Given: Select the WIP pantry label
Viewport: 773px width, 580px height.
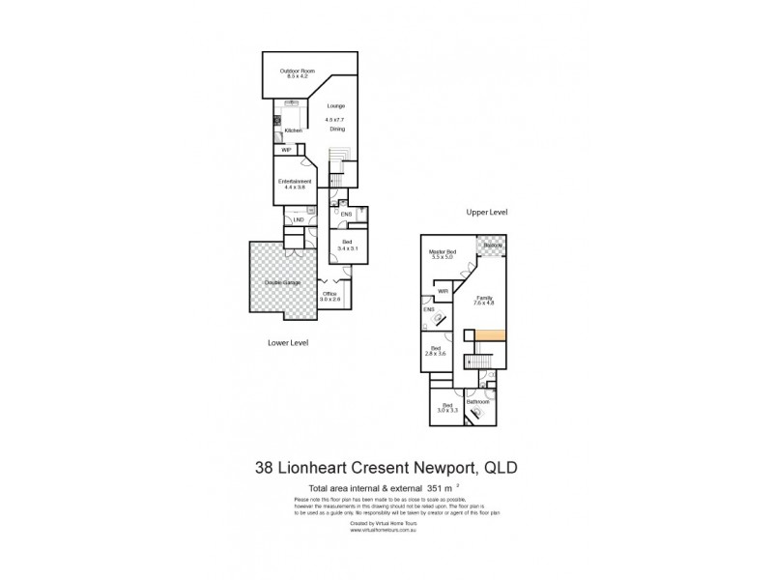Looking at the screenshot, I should (287, 150).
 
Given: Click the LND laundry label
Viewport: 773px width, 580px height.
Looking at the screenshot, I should (300, 219).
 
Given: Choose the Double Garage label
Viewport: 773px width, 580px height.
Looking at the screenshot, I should (280, 282).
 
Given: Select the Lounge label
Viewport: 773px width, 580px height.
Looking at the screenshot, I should (335, 105).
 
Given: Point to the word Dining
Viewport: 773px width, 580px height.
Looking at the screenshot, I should (337, 129).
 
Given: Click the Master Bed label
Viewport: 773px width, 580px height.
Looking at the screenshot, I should (443, 254).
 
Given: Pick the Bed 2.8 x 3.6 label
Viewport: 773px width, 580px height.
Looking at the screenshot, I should (436, 351).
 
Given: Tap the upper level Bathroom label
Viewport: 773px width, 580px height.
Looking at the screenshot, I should (477, 400).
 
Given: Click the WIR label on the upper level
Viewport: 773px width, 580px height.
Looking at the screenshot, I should (443, 290).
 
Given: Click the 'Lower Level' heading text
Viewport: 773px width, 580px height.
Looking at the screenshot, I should (287, 342).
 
